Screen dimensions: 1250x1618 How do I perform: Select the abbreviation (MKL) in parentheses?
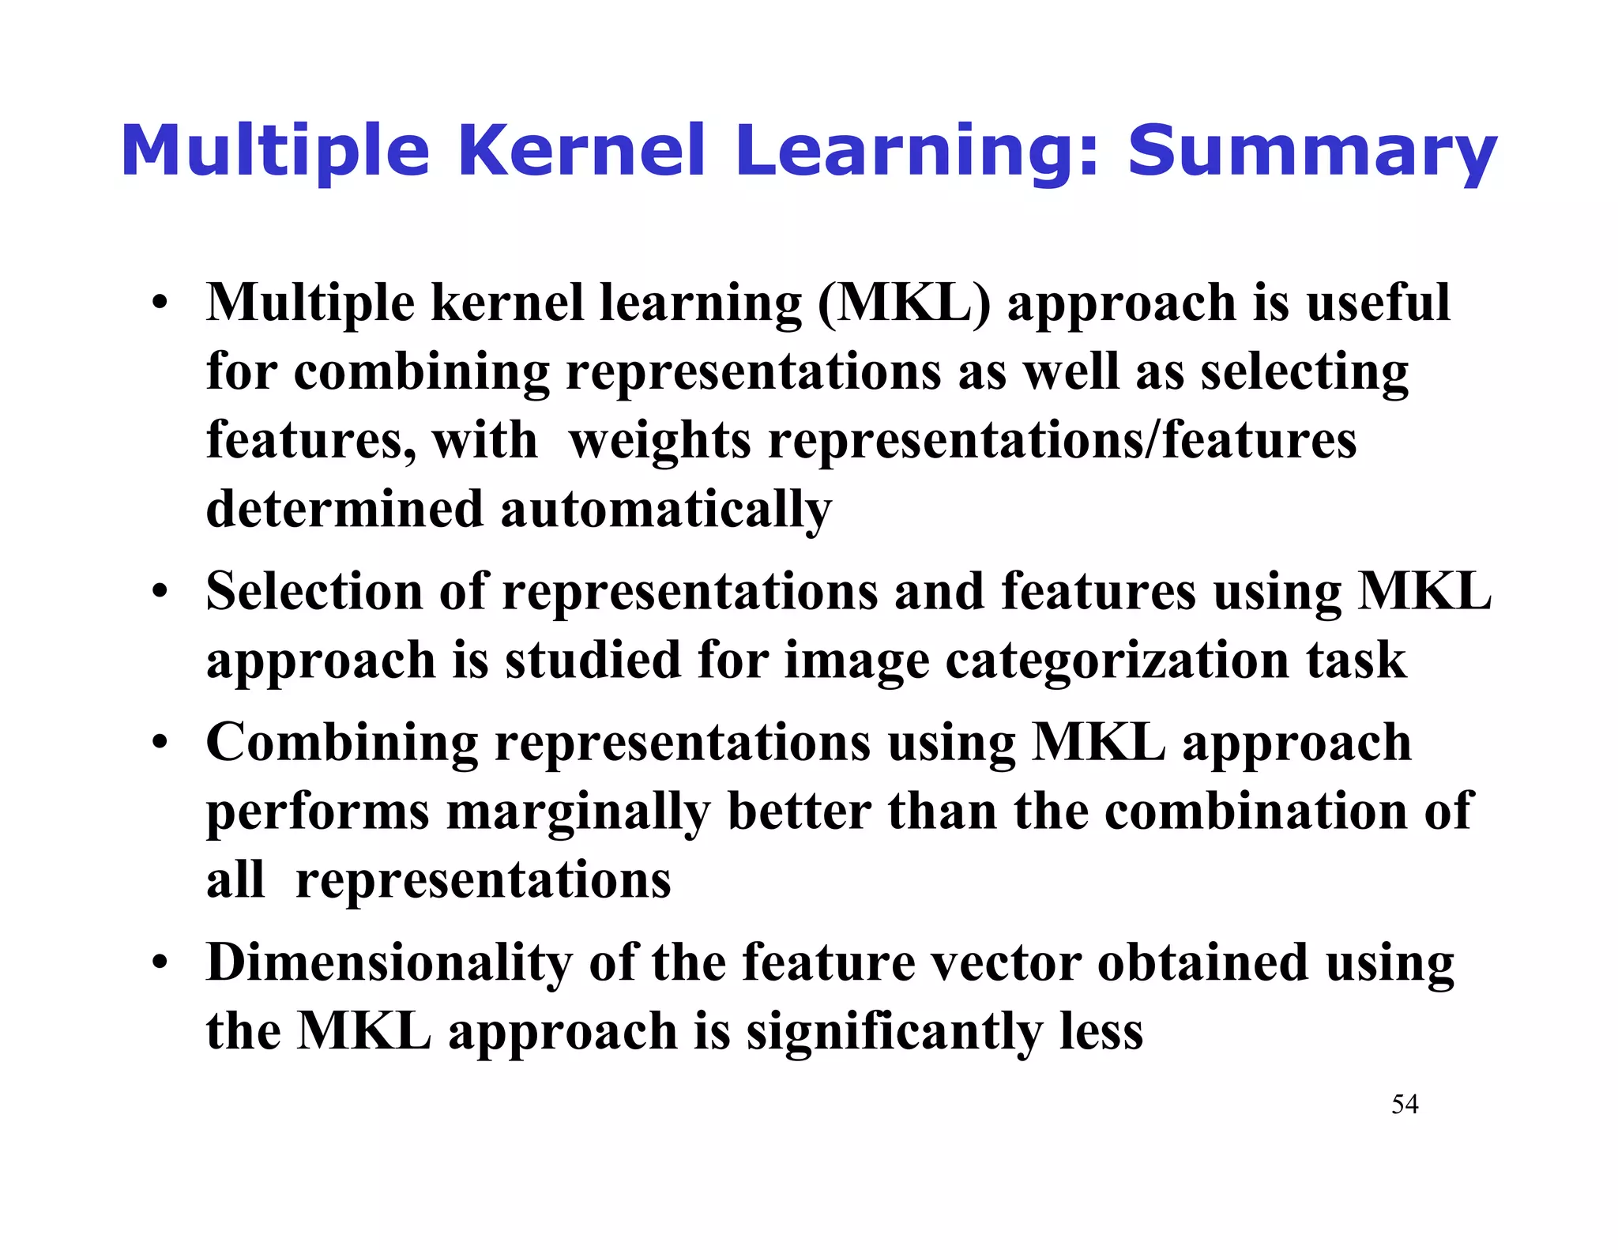[904, 303]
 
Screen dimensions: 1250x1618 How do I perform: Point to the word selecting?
[1304, 372]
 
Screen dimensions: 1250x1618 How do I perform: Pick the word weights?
[660, 440]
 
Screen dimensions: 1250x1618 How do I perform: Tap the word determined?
[344, 509]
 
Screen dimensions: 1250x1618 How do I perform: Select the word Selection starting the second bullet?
[314, 591]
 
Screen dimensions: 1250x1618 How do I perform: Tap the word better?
[799, 811]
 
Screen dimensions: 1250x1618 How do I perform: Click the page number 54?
[1405, 1104]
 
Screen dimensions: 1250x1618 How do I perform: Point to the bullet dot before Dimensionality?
[160, 963]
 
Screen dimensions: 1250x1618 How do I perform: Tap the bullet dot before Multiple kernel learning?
[160, 303]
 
